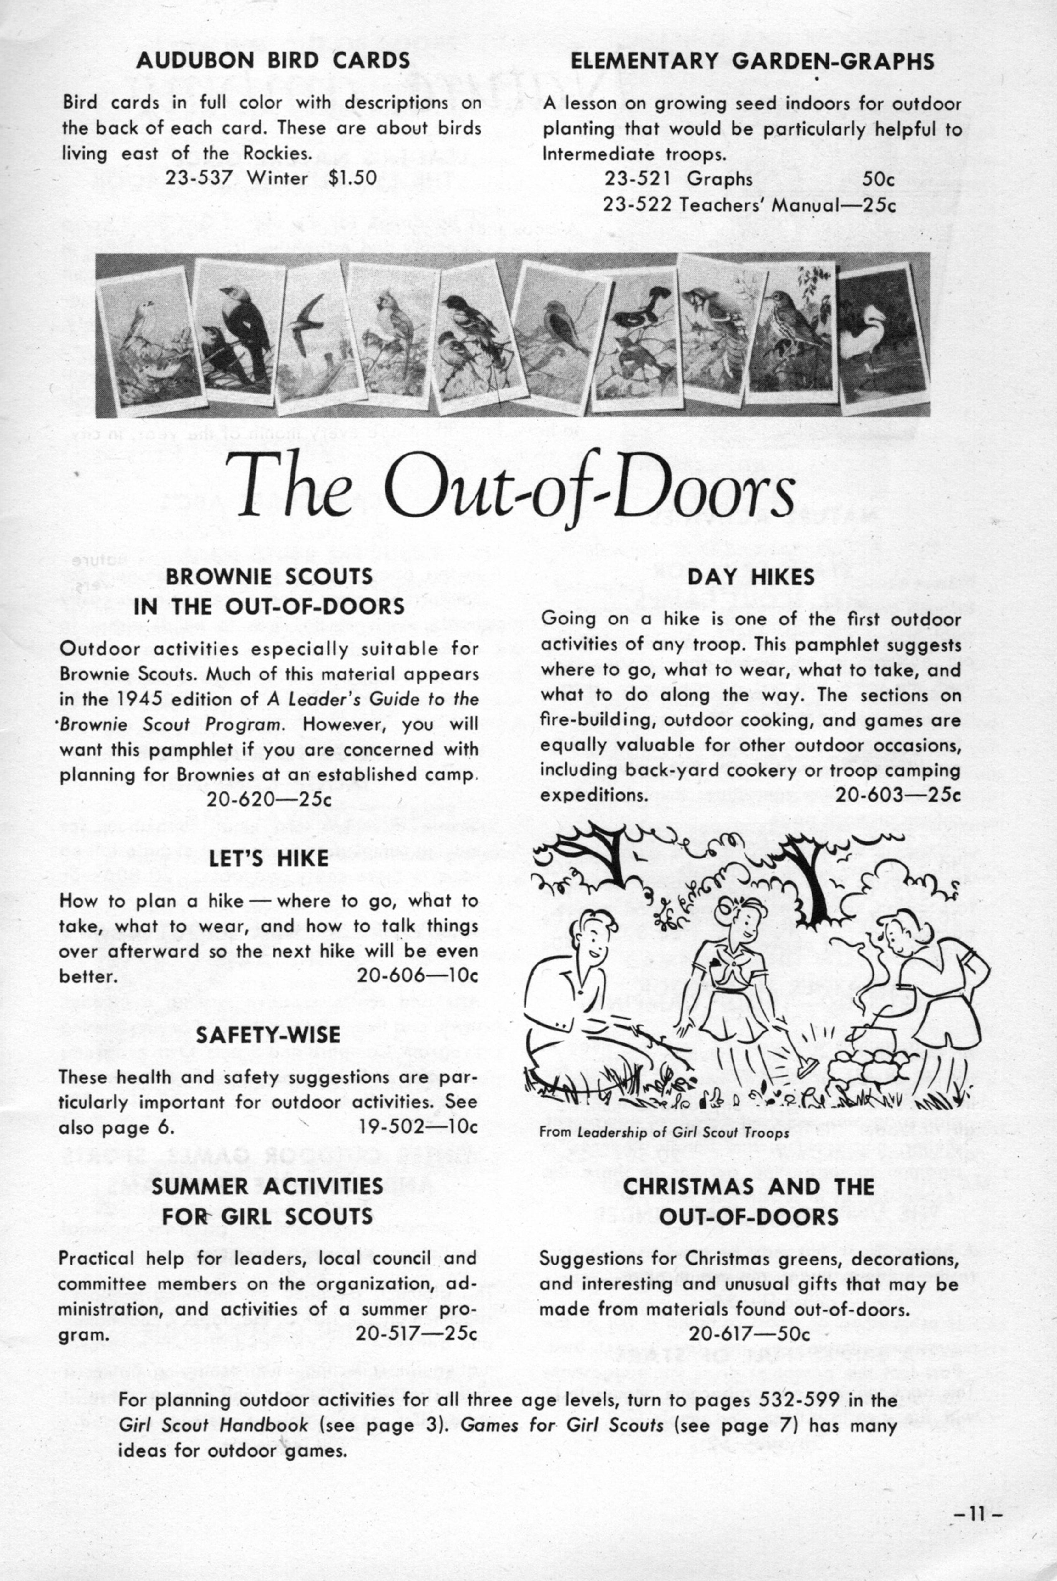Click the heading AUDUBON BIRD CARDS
click(273, 61)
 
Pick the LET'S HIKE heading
click(269, 858)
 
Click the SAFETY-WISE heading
click(268, 1035)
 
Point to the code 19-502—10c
click(418, 1127)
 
